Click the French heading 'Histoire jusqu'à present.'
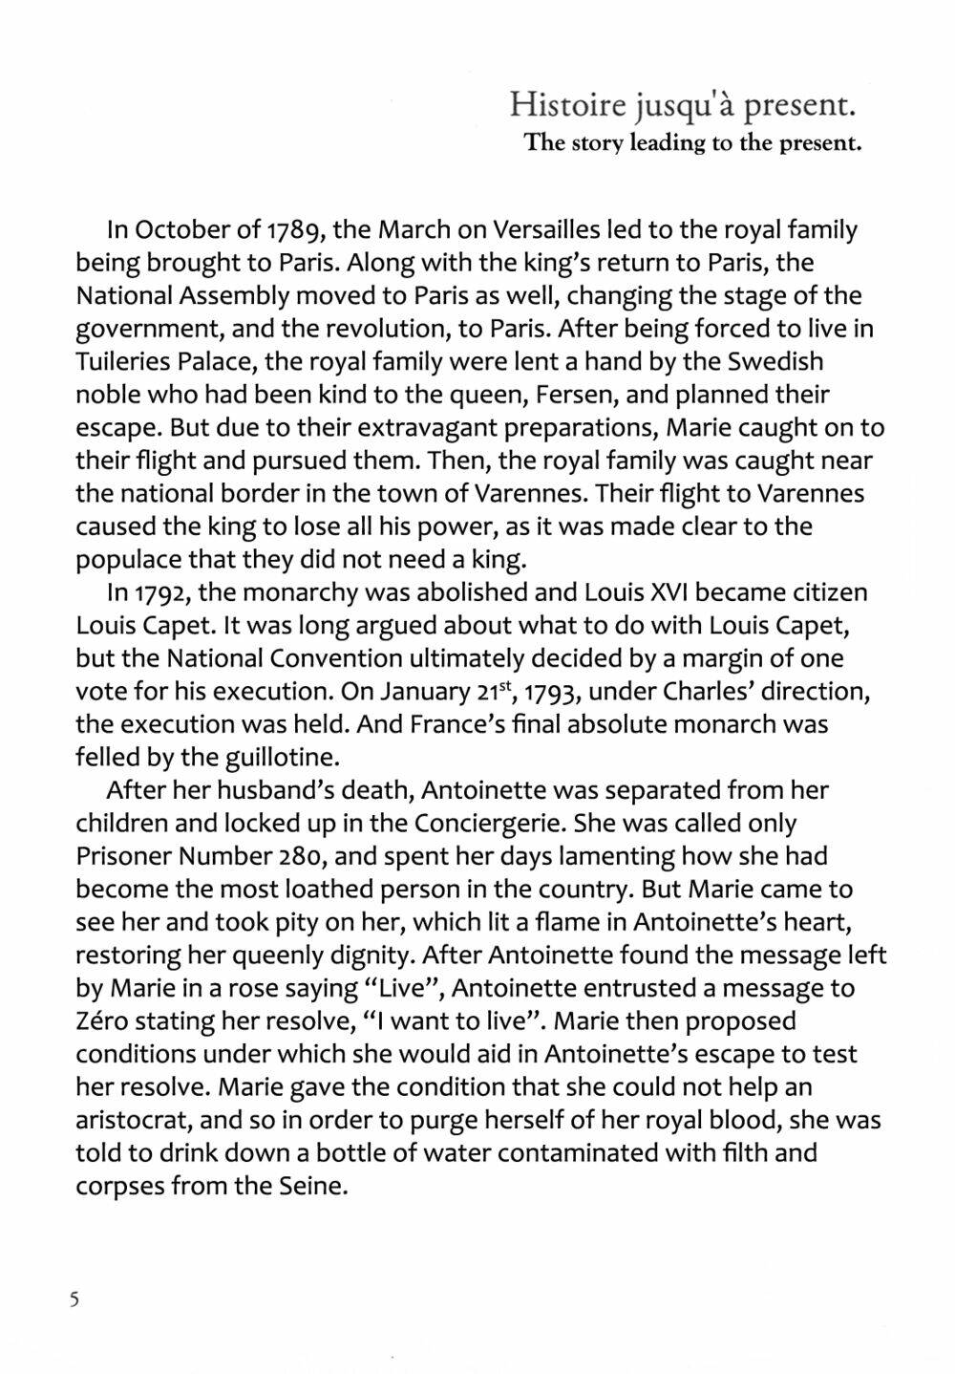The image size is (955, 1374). tap(681, 103)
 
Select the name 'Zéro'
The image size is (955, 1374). tap(108, 1021)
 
